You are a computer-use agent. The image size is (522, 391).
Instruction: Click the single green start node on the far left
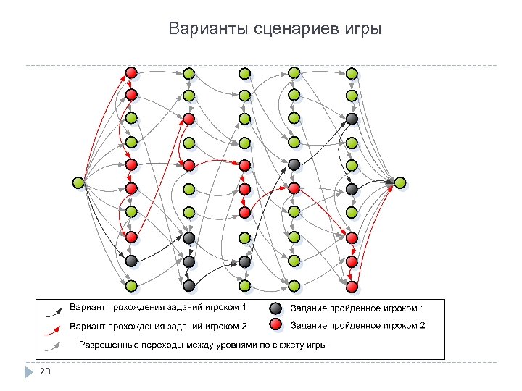tap(78, 182)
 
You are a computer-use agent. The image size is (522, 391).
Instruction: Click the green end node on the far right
tap(400, 182)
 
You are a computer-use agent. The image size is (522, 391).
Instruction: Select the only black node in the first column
tap(131, 261)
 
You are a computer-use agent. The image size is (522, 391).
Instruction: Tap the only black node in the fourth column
tap(294, 164)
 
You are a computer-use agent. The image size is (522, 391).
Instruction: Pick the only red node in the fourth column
tap(294, 188)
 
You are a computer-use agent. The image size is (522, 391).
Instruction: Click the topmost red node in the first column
tap(131, 72)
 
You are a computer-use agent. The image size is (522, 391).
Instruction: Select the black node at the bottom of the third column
tap(244, 261)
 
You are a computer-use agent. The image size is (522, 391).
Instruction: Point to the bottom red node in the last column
tap(352, 287)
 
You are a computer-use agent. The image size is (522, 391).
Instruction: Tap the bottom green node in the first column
tap(131, 286)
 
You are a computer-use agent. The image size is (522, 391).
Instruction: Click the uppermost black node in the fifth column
tap(352, 118)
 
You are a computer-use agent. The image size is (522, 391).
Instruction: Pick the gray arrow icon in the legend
tap(53, 345)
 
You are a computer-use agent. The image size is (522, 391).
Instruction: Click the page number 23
tap(46, 371)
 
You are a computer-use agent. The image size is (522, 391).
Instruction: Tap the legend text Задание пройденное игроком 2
tap(357, 326)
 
